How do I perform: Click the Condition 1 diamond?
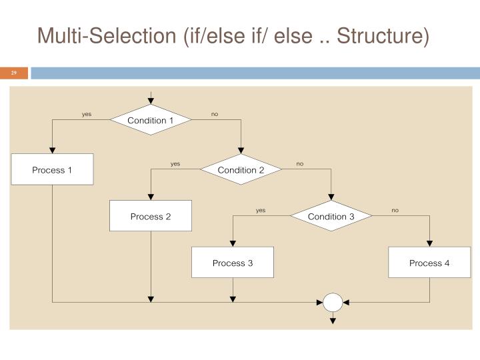pos(151,120)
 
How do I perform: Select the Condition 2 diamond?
pos(241,170)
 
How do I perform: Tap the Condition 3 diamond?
pos(331,217)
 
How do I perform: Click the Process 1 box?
pos(52,170)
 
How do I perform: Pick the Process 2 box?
pos(151,217)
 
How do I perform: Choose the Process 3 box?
pos(233,263)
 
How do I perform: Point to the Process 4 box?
pos(429,263)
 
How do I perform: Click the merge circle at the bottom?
pos(333,302)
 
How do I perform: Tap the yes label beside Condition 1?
pos(87,114)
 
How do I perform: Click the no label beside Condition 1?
pos(215,114)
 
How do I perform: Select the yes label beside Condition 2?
pos(175,164)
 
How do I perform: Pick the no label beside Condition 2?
pos(300,164)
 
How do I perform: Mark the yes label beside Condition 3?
pos(261,211)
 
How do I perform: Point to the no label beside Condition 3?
pos(395,211)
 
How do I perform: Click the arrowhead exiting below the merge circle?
pos(333,321)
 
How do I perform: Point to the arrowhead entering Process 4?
pos(429,243)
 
